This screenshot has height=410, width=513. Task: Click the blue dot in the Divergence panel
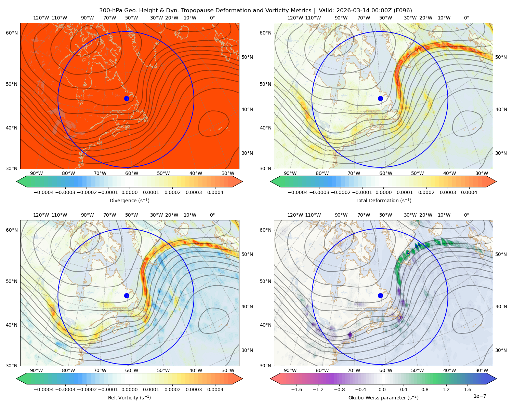coord(127,98)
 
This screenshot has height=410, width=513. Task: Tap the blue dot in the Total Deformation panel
coord(380,98)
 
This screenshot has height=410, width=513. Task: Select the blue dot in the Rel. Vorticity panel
coord(127,296)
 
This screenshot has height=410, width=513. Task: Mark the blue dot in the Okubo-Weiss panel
coord(380,296)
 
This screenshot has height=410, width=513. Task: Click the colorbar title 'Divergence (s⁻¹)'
coord(129,200)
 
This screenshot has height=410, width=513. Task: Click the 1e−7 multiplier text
coord(479,396)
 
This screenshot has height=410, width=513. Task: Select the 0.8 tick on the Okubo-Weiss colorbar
coord(425,389)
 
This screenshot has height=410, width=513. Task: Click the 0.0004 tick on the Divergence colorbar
coord(215,192)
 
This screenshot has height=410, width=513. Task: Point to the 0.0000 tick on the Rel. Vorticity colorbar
coord(129,389)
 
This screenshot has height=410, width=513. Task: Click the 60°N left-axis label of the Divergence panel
coord(12,33)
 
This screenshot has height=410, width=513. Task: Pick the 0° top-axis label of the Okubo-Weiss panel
coord(466,215)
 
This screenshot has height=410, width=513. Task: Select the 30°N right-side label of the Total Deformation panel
coord(501,153)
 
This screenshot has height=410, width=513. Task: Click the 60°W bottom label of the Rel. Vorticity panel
coord(132,370)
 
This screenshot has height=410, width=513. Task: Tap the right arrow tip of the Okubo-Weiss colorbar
coord(496,379)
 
